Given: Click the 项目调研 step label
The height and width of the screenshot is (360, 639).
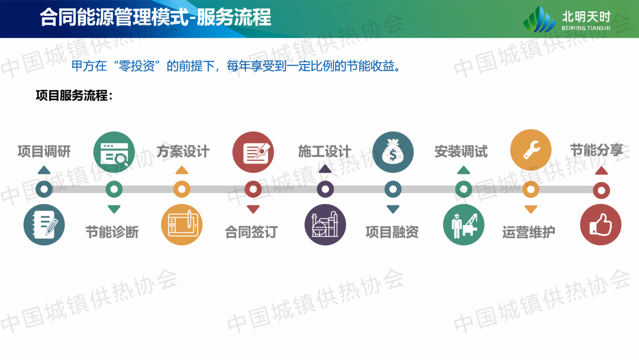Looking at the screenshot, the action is click(44, 152).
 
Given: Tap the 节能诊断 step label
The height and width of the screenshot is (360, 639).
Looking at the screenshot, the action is click(112, 232).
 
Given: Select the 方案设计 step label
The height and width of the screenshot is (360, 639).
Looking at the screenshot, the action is click(183, 152).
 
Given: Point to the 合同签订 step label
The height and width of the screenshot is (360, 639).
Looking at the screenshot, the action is click(251, 232).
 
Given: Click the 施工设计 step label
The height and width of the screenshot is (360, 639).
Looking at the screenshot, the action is click(324, 152).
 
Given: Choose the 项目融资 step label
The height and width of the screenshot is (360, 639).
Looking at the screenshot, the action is click(392, 232).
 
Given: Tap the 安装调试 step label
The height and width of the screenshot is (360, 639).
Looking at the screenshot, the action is click(461, 152).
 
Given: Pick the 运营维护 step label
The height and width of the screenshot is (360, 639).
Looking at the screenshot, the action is click(528, 232).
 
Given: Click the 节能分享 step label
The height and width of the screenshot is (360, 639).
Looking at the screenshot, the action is click(596, 150).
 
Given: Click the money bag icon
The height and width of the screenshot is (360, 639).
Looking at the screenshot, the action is click(393, 152).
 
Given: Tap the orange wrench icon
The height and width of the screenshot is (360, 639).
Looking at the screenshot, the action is click(531, 150).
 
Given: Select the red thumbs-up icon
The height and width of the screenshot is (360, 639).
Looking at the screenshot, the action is click(601, 224).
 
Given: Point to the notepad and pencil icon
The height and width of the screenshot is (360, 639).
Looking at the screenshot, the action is click(44, 224).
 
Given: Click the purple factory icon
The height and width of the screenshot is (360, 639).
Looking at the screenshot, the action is click(325, 224).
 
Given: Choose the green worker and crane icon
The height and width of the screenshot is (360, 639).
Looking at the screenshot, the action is click(464, 224).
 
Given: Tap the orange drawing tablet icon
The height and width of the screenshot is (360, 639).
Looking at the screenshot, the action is click(182, 224).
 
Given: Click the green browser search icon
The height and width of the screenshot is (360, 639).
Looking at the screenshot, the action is click(114, 152).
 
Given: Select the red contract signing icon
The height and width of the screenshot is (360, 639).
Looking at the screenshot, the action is click(253, 152).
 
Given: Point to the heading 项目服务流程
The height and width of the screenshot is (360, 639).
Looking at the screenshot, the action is click(74, 95).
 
